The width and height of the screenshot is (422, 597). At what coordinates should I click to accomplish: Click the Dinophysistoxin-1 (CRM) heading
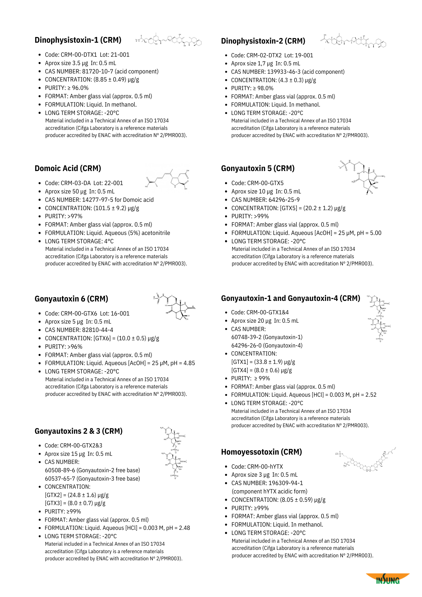(x=78, y=40)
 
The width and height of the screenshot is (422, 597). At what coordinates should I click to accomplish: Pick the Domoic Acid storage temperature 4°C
(x=109, y=241)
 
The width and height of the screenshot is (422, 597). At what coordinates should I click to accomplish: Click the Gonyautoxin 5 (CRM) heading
(x=258, y=168)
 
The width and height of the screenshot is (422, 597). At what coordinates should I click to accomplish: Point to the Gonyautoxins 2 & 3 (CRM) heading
(x=78, y=431)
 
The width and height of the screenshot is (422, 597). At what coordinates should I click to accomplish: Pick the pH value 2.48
(x=184, y=528)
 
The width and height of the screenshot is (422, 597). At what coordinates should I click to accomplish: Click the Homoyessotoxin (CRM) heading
(x=261, y=452)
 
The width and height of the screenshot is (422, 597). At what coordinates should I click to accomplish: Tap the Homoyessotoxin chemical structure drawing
(x=365, y=460)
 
